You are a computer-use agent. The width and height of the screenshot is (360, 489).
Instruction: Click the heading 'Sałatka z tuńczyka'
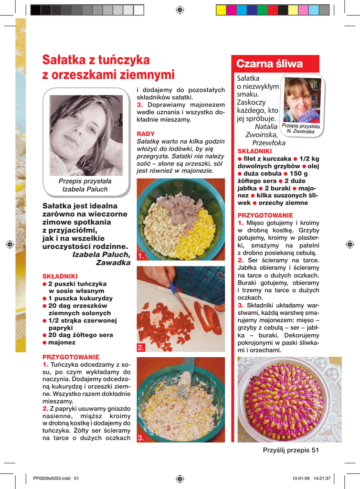click(96, 60)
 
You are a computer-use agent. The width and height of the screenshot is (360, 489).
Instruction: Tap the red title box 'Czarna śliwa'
click(270, 64)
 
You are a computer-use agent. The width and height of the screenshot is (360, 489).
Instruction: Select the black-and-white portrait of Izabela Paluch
click(86, 135)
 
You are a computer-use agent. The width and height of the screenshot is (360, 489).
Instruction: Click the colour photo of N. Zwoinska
click(301, 101)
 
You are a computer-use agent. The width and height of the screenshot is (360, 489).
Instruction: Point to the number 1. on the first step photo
click(140, 256)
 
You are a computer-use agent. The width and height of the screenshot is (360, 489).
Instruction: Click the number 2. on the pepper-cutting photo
click(140, 348)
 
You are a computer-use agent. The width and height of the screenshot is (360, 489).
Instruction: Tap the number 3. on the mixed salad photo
click(140, 438)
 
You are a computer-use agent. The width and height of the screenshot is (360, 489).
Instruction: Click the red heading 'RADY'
click(146, 134)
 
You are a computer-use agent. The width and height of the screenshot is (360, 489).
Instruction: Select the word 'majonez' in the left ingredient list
click(62, 342)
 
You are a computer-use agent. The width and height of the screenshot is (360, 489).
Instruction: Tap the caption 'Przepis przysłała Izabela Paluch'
click(85, 185)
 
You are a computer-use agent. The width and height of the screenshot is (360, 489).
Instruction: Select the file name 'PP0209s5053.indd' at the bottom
click(52, 478)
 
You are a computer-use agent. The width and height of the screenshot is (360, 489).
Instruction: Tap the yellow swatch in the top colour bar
click(221, 10)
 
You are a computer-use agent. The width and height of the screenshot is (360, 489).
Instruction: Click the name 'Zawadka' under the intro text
click(113, 263)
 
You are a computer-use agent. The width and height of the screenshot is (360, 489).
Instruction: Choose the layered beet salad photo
click(289, 399)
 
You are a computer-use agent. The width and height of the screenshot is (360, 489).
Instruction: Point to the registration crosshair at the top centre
click(180, 10)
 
